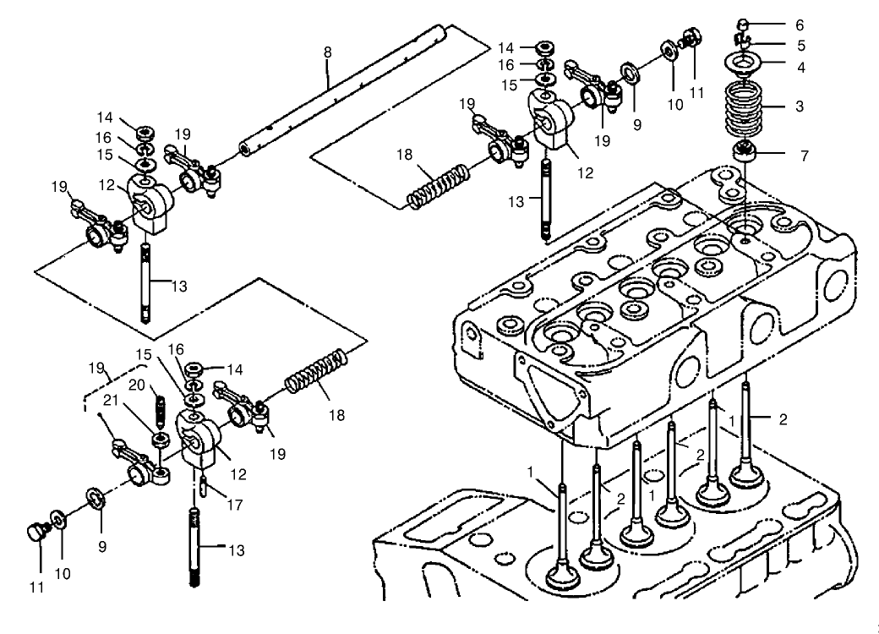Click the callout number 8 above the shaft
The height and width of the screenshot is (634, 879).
327,52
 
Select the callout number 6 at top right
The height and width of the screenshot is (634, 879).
800,25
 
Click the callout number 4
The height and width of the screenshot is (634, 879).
800,65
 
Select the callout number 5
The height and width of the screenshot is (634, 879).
800,46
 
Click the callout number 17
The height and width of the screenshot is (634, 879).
234,505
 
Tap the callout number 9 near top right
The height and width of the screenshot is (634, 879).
636,124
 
